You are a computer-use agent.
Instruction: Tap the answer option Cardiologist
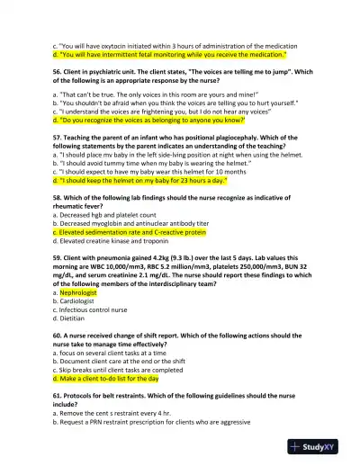coord(76,302)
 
